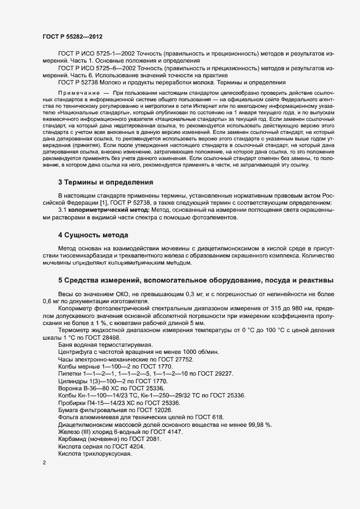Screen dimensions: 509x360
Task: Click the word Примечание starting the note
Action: (77, 94)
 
